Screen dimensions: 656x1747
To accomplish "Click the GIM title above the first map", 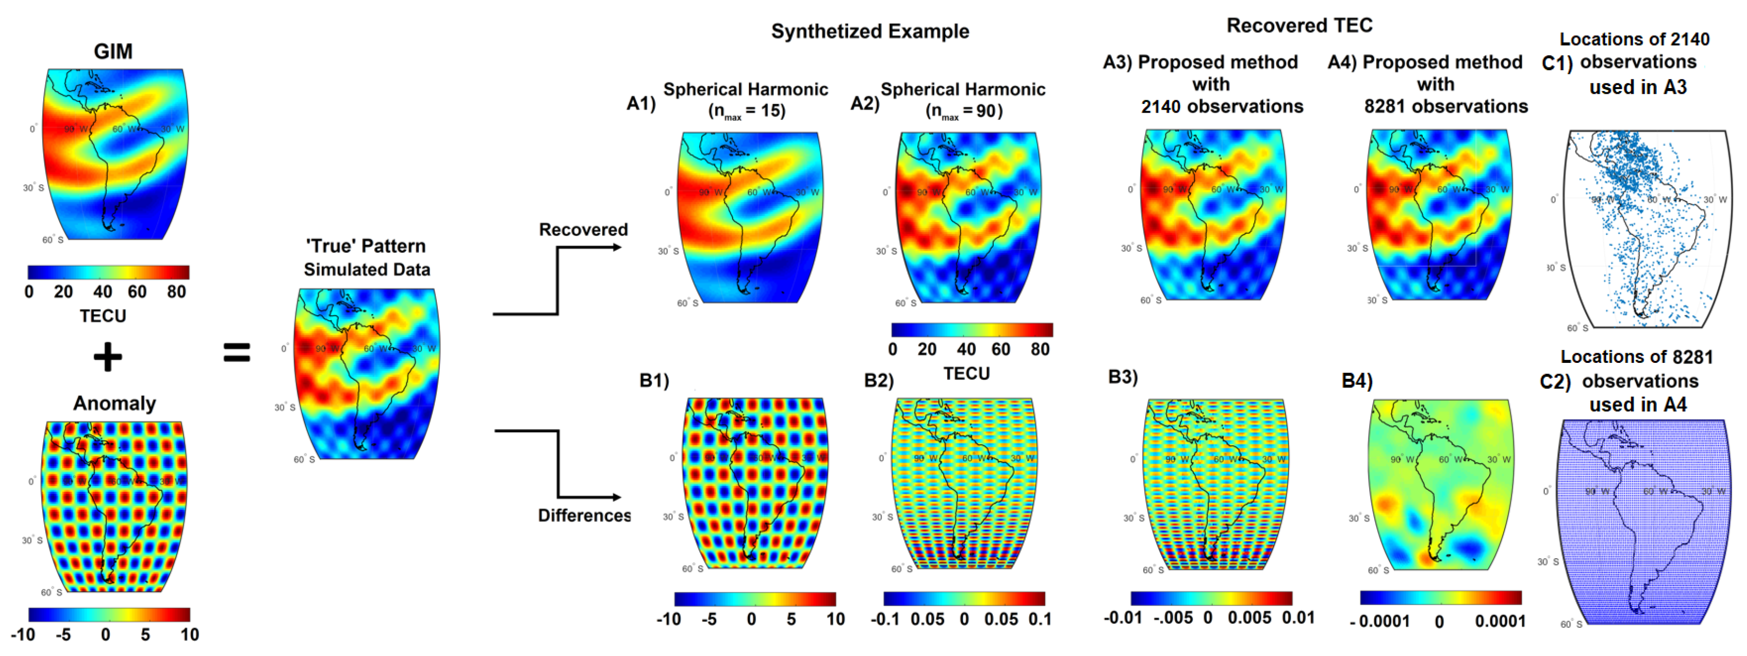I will pyautogui.click(x=113, y=51).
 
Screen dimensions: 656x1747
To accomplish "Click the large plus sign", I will pyautogui.click(x=108, y=357).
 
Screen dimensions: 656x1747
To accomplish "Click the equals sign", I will pyautogui.click(x=237, y=353).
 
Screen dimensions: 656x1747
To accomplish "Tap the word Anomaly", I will pyautogui.click(x=114, y=404).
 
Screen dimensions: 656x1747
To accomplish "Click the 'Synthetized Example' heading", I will pyautogui.click(x=870, y=31).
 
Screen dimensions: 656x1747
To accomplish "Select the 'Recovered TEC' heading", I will pyautogui.click(x=1299, y=26).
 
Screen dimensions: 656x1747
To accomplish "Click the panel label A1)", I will pyautogui.click(x=641, y=104).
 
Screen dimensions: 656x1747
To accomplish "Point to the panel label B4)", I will pyautogui.click(x=1357, y=381).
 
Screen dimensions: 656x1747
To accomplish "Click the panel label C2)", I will pyautogui.click(x=1555, y=382).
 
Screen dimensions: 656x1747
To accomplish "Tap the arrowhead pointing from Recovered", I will pyautogui.click(x=617, y=247).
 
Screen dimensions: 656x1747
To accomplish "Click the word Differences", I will pyautogui.click(x=584, y=515).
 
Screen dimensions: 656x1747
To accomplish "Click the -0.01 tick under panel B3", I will pyautogui.click(x=1123, y=618).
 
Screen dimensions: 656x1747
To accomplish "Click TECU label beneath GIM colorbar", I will pyautogui.click(x=102, y=316).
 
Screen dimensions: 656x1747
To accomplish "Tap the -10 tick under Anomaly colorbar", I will pyautogui.click(x=23, y=635).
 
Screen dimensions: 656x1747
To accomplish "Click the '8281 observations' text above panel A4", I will pyautogui.click(x=1445, y=106).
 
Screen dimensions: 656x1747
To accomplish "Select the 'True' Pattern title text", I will pyautogui.click(x=366, y=246).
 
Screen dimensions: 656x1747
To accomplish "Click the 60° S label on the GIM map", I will pyautogui.click(x=52, y=240).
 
